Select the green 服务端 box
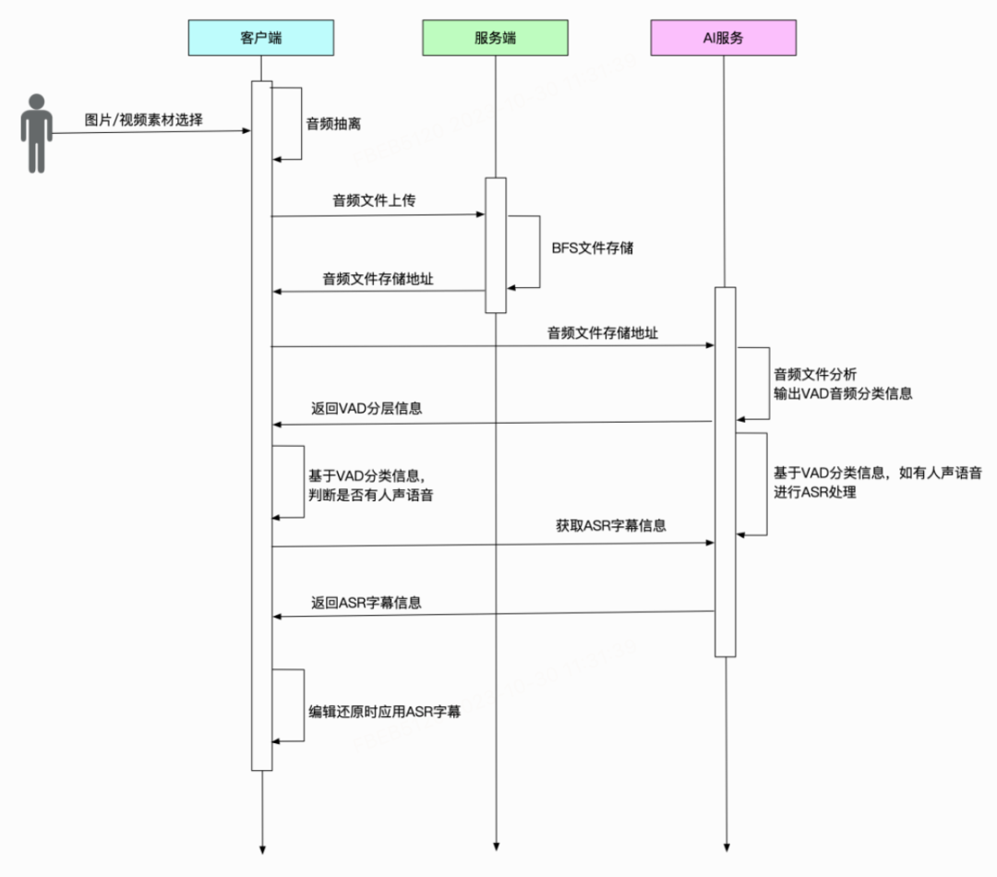pyautogui.click(x=495, y=38)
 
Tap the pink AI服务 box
pyautogui.click(x=724, y=38)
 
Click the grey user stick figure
pyautogui.click(x=36, y=133)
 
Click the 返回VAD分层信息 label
pyautogui.click(x=366, y=408)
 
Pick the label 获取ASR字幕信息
pyautogui.click(x=611, y=526)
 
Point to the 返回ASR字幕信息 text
pyautogui.click(x=366, y=603)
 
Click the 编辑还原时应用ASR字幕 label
pyautogui.click(x=385, y=713)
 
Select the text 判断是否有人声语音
pyautogui.click(x=371, y=496)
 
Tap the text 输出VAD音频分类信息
pyautogui.click(x=843, y=393)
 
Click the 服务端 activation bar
pyautogui.click(x=496, y=245)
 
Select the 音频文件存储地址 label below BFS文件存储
pyautogui.click(x=378, y=278)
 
